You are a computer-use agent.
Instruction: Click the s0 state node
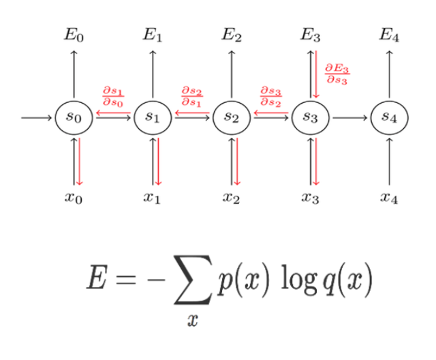click(x=74, y=117)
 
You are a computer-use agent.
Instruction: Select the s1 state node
click(x=153, y=117)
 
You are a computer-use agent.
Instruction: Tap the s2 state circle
click(x=232, y=117)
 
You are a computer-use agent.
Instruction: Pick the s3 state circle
click(x=311, y=117)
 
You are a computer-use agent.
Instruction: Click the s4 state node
click(x=389, y=117)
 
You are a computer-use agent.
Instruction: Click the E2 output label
click(x=232, y=35)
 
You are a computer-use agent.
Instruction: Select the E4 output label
click(x=389, y=35)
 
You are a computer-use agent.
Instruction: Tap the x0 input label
click(x=74, y=198)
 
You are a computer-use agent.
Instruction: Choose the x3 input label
click(x=311, y=198)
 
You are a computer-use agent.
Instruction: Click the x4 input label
click(x=389, y=198)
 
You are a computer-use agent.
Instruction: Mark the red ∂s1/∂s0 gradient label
click(x=112, y=96)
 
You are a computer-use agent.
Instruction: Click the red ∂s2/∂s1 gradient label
click(x=191, y=96)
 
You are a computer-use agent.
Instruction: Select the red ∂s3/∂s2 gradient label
click(x=270, y=96)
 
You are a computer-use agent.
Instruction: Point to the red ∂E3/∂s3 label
click(x=337, y=73)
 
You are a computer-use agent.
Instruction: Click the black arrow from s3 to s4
click(x=349, y=117)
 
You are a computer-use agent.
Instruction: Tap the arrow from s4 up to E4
click(x=389, y=75)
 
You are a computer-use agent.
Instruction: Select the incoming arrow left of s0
click(x=37, y=117)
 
